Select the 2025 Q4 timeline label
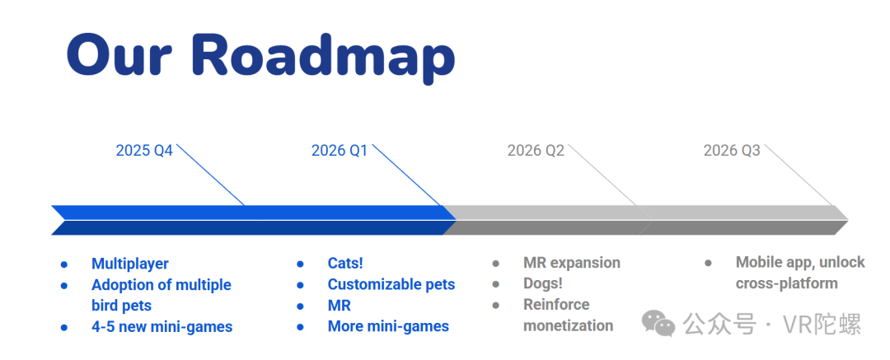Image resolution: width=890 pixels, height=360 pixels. [144, 151]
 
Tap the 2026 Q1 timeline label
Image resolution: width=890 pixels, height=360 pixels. [340, 151]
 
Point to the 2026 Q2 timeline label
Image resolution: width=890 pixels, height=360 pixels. [536, 151]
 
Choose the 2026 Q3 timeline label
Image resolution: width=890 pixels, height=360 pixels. [732, 151]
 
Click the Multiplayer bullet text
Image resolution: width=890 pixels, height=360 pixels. [130, 264]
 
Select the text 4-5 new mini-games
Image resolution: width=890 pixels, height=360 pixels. [162, 327]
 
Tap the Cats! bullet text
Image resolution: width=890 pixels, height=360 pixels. [345, 264]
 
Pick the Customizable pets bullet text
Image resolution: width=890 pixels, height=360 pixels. [391, 284]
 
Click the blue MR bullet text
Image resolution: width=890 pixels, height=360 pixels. [340, 306]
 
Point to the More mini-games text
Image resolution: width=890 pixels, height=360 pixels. [388, 326]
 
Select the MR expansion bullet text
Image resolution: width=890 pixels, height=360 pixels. [572, 263]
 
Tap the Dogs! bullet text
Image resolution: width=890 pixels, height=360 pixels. [542, 283]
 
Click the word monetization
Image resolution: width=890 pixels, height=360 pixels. [568, 326]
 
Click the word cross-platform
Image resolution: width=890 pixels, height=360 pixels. [787, 283]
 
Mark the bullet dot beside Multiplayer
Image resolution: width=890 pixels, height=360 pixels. [64, 264]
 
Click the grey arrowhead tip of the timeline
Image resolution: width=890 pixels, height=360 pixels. [848, 220]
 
